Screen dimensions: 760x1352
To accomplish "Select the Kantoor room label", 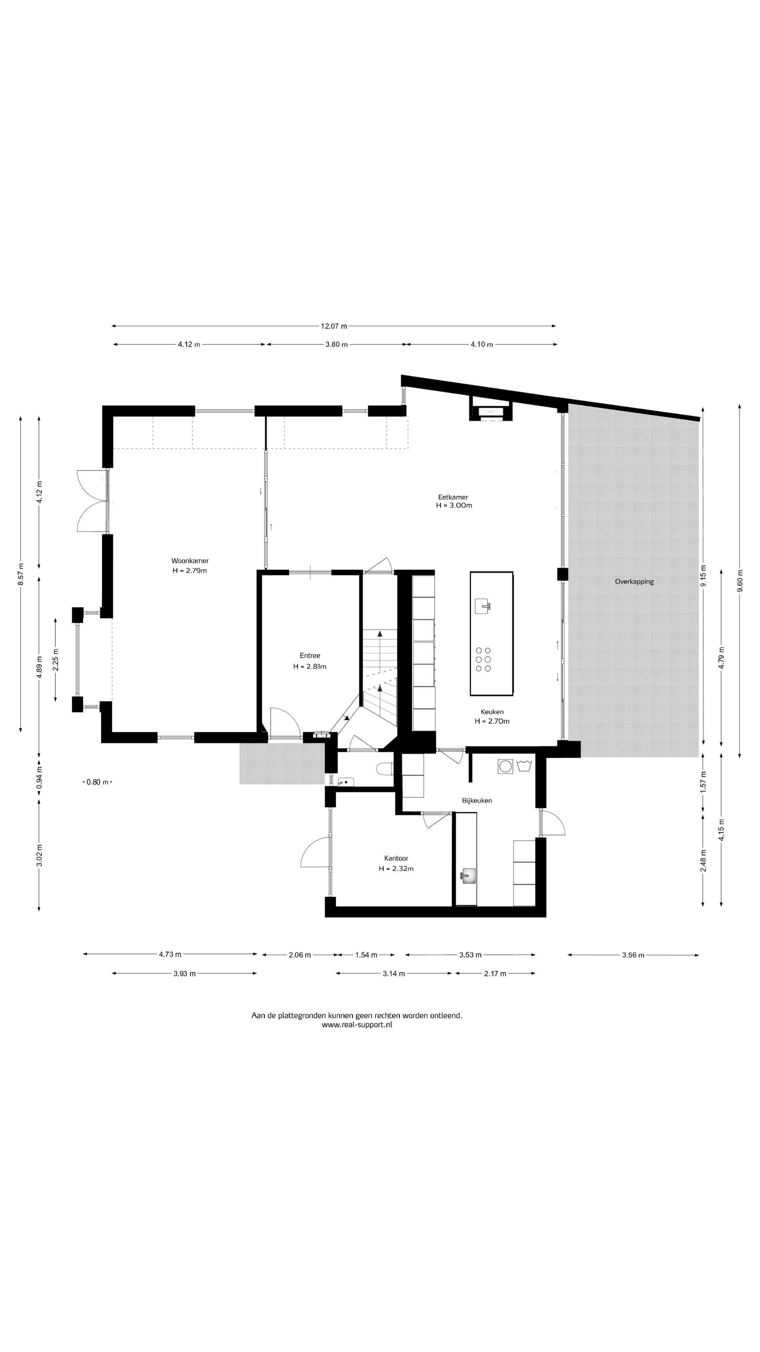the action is tap(396, 858).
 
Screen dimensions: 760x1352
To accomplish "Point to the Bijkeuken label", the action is tap(477, 800).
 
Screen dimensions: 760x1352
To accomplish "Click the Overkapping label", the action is tap(634, 582).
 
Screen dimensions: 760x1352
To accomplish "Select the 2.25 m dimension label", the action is tap(56, 659).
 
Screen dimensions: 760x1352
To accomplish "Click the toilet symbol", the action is tap(386, 769).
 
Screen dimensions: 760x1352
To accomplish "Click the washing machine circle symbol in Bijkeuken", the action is tap(505, 766).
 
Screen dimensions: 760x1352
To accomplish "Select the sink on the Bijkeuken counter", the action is tap(467, 876).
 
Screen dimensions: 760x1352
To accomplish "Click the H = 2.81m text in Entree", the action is tap(310, 666).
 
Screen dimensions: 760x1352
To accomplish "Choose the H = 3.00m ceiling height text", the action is tap(454, 506).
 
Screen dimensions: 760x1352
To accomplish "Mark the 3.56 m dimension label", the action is tap(633, 955).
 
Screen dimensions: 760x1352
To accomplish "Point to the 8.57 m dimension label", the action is tap(20, 574).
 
